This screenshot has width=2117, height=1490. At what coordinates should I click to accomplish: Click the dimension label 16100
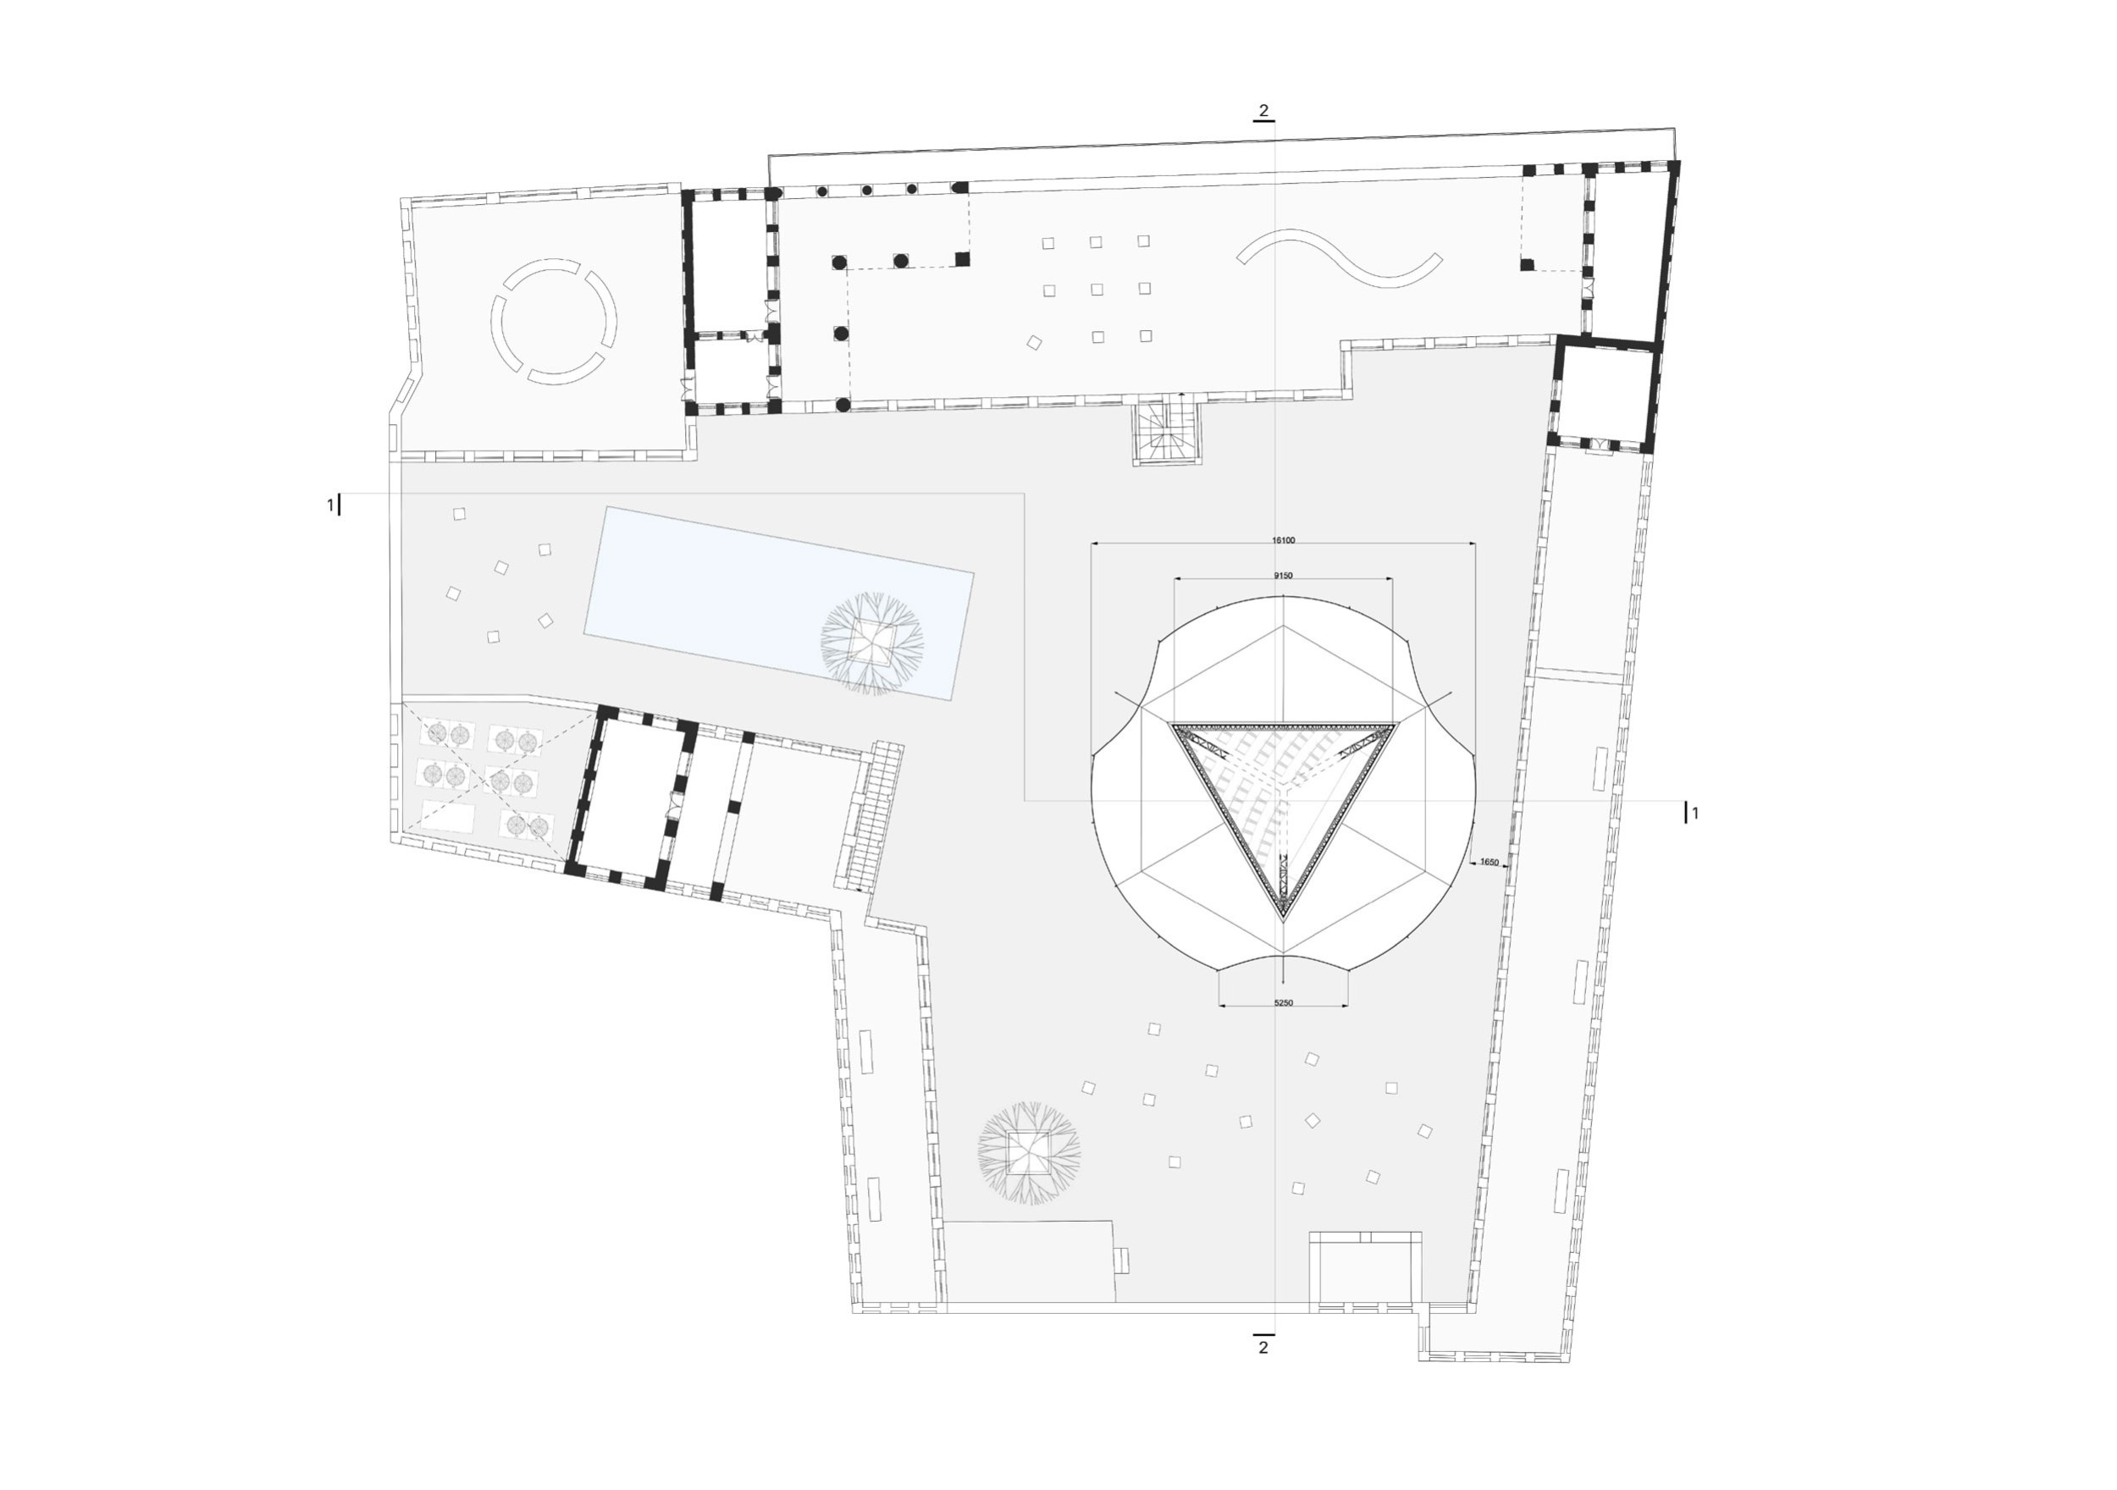tap(1283, 540)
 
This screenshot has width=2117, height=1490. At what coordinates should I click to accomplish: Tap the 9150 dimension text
tap(1283, 576)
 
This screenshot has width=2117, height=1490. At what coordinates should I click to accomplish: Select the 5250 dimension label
tap(1283, 1002)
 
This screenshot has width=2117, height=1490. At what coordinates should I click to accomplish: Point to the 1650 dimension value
tap(1488, 863)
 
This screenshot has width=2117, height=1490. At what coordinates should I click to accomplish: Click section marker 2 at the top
tap(1263, 111)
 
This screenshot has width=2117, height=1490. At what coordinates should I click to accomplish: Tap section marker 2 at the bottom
tap(1263, 1347)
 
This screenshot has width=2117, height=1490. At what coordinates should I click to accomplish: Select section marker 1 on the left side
tap(330, 505)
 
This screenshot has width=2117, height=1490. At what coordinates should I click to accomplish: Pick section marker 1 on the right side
tap(1694, 814)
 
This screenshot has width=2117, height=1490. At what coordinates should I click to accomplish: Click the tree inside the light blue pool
tap(871, 643)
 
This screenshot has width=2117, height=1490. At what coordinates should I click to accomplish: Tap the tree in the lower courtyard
tap(1029, 1152)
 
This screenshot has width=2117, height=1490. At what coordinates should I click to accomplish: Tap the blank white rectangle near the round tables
tap(448, 816)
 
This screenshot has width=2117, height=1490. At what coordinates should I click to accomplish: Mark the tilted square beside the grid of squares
tap(1035, 342)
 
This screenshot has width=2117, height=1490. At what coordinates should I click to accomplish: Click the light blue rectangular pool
tap(779, 603)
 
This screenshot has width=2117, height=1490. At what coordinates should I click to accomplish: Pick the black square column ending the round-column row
tap(963, 259)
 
